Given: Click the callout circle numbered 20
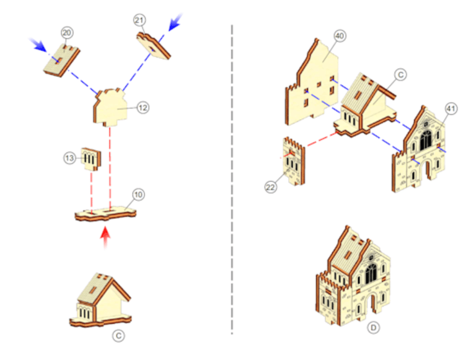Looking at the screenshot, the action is pos(67,33).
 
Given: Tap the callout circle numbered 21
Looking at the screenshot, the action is pos(139,20).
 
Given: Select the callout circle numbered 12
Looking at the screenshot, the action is pos(143,107).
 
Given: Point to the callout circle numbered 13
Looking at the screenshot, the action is pos(69,158).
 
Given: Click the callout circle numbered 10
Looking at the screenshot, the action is pos(138,195).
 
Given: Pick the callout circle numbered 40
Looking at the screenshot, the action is pos(340,36).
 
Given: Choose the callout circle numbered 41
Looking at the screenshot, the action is pos(451,108).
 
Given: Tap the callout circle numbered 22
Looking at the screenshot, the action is pos(270,187).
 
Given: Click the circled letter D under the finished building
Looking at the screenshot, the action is pos(373,328).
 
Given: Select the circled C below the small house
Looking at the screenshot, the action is pos(118,336).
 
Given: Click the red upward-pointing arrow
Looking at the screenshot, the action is pos(105,239).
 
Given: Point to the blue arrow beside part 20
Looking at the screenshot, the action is pos(37,45).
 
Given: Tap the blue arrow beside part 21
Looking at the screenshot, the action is pos(175,22).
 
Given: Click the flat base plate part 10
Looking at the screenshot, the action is pos(105,214).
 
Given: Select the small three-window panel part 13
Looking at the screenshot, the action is pos(90,159).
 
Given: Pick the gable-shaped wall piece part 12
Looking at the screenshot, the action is pos(110,107).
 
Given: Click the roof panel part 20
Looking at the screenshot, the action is pos(61,60).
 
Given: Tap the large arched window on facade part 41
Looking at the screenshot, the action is pos(425,140).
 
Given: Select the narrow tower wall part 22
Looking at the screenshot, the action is pos(294,161).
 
